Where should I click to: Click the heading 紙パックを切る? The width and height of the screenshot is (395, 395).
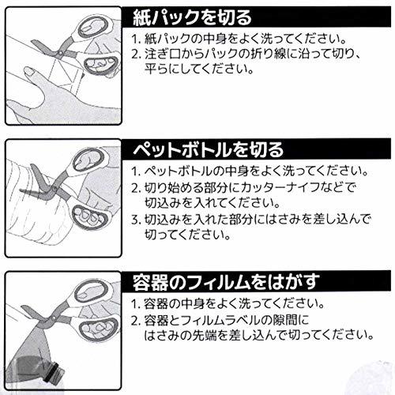tap(192, 17)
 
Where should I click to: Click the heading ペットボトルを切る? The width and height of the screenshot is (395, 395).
tap(208, 149)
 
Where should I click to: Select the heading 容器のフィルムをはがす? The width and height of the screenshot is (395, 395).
tap(226, 282)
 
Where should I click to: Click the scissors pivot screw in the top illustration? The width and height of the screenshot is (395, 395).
tap(60, 53)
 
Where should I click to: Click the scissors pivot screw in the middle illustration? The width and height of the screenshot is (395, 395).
tap(55, 189)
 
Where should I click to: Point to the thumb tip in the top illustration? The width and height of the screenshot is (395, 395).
tap(28, 71)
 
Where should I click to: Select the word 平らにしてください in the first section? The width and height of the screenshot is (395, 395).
tap(199, 69)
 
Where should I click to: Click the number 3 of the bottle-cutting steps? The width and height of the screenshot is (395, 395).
tap(135, 220)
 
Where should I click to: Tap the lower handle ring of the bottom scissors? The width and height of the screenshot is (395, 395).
tap(98, 329)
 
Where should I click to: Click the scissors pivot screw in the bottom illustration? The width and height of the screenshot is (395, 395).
tap(55, 318)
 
